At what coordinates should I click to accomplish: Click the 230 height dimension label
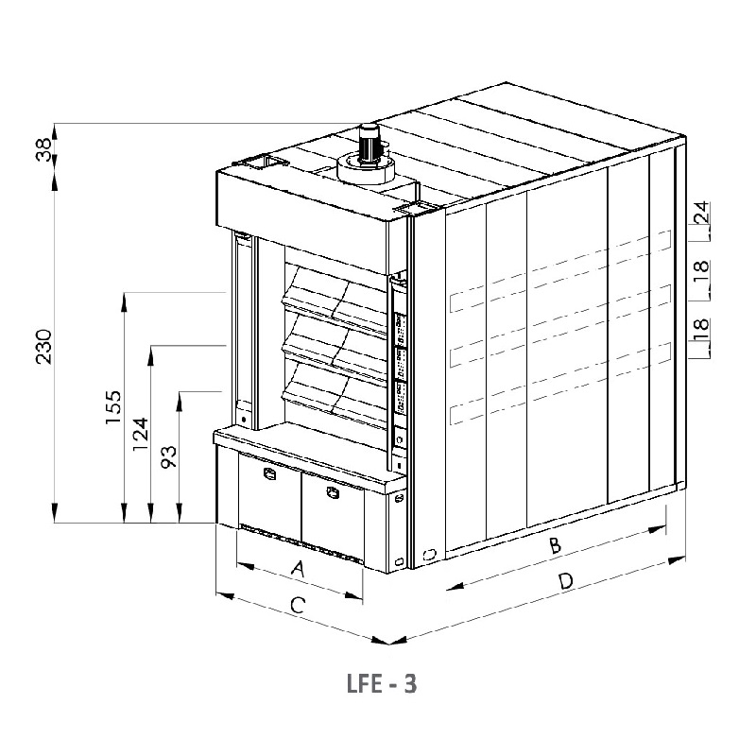pos(43,346)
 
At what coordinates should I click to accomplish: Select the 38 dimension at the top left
pos(43,149)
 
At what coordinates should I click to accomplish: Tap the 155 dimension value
pos(113,407)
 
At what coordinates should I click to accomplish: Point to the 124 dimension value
pos(141,434)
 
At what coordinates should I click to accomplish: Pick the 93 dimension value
pos(169,457)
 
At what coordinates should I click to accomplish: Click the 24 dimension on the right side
pos(702,212)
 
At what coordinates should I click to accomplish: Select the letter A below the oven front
pos(300,569)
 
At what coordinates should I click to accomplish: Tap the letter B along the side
pos(556,545)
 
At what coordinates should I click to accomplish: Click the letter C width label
pos(298,605)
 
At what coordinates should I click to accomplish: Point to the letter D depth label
pos(566,581)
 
